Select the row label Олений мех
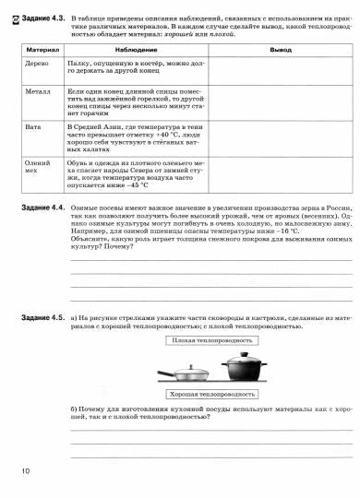[x=36, y=165]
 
